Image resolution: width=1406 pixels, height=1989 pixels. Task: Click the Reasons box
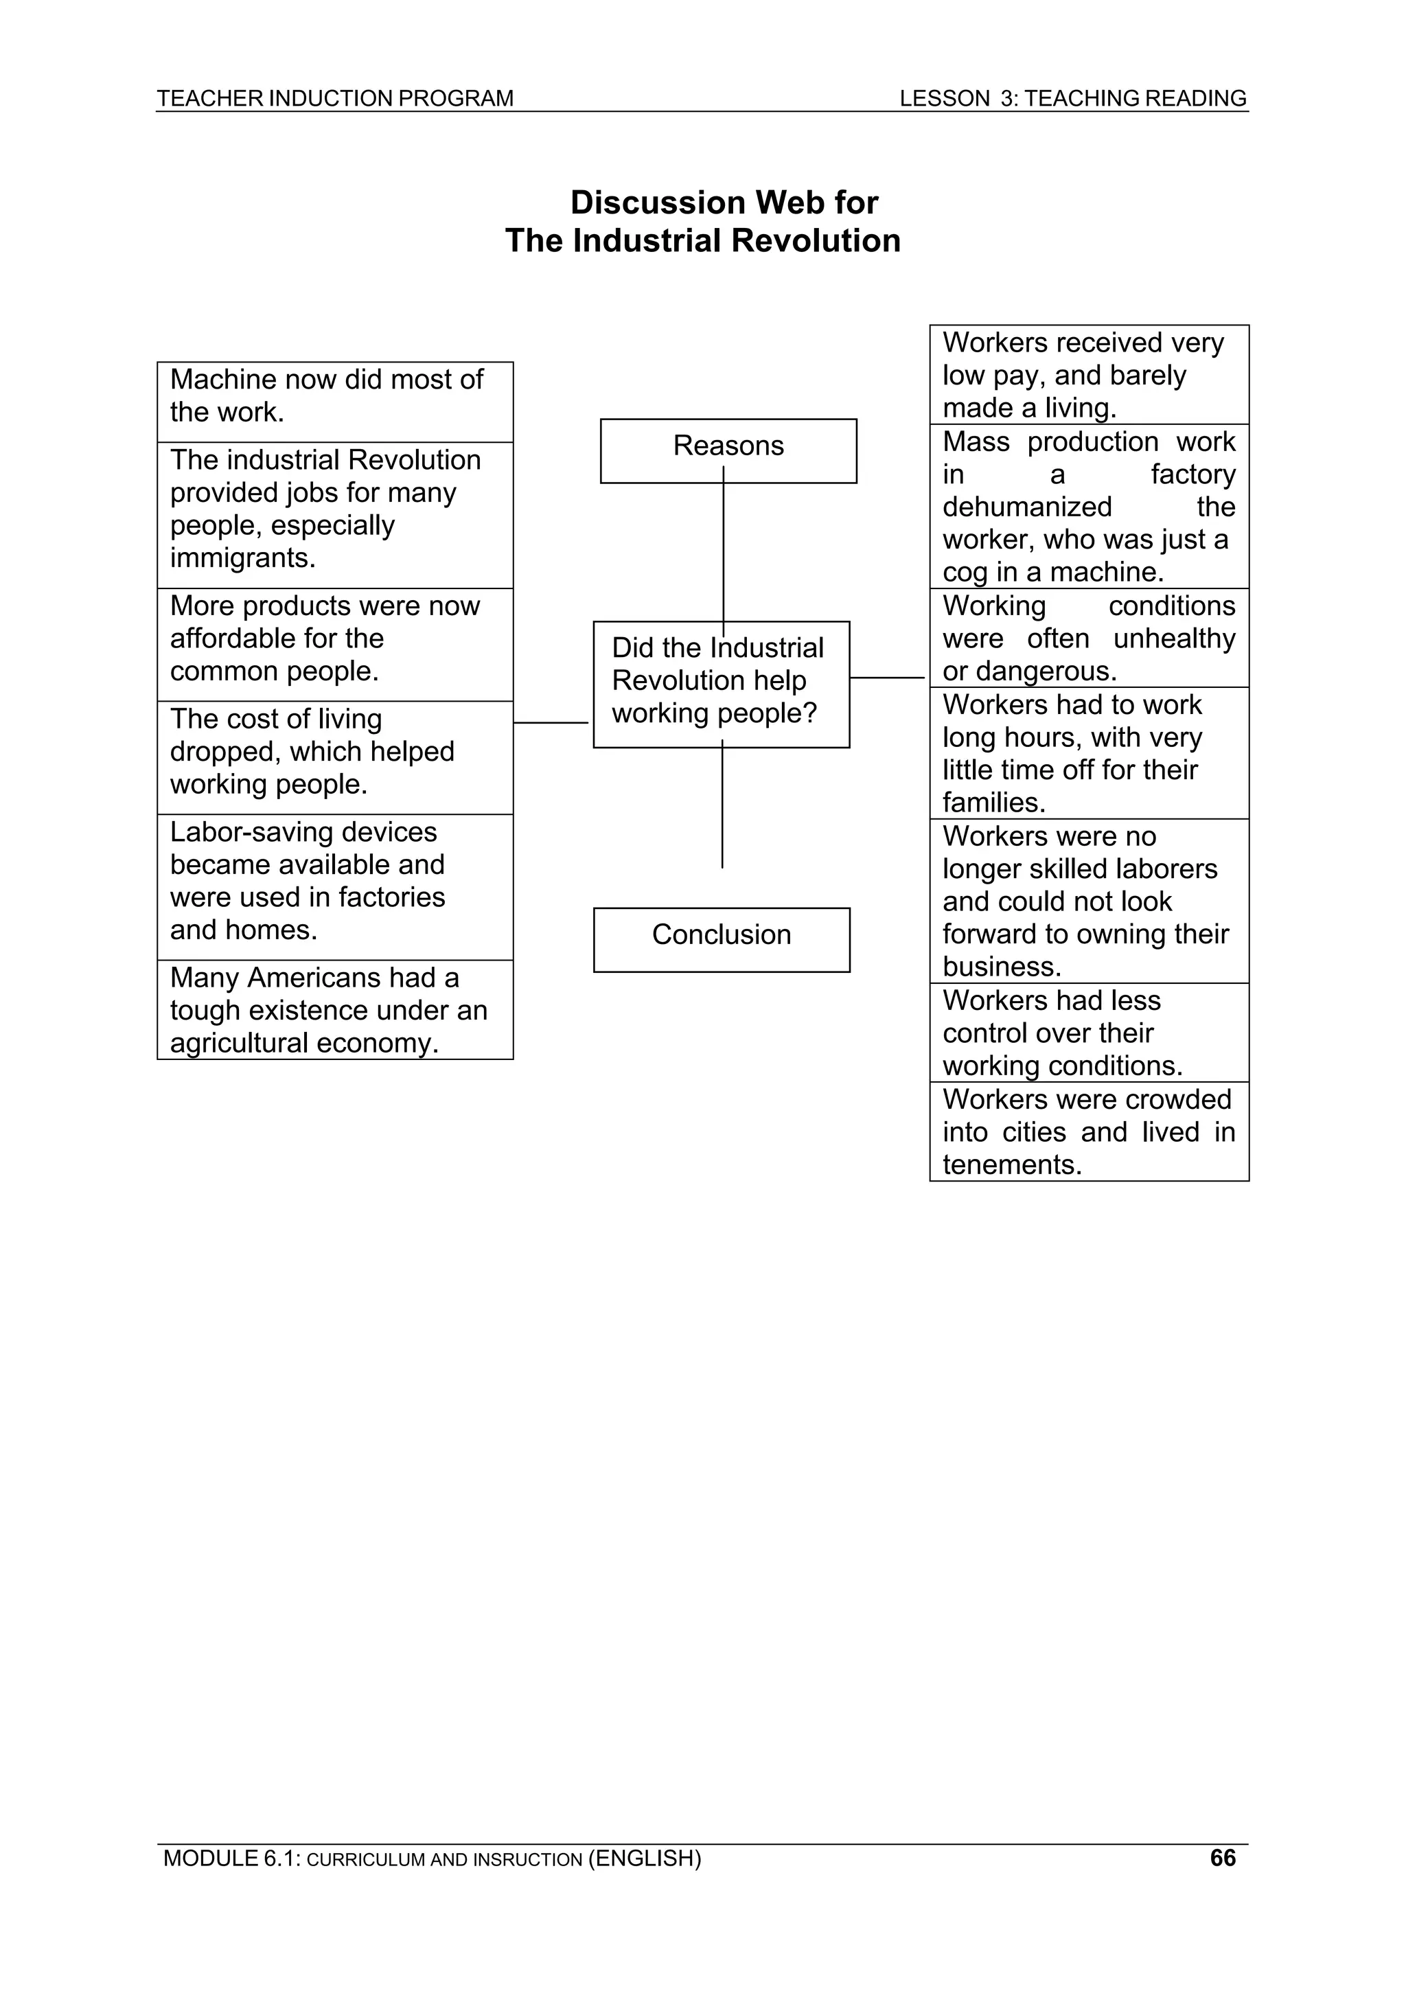coord(728,450)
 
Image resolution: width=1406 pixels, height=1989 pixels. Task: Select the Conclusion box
coord(722,939)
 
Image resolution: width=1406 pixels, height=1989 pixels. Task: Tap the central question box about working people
coord(721,684)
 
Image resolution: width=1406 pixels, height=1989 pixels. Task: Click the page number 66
coord(1222,1857)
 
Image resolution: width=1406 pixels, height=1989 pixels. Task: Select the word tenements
coord(1011,1164)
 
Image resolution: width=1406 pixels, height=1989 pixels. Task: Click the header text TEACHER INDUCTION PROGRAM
coord(334,98)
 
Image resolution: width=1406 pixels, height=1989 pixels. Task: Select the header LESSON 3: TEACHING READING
coord(1072,98)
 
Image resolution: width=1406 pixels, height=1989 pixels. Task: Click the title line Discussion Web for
coord(724,203)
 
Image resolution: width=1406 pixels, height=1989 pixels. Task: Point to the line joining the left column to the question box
coord(552,722)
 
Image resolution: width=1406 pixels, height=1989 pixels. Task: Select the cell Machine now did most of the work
coord(334,402)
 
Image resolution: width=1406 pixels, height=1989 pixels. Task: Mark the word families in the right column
coord(993,803)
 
